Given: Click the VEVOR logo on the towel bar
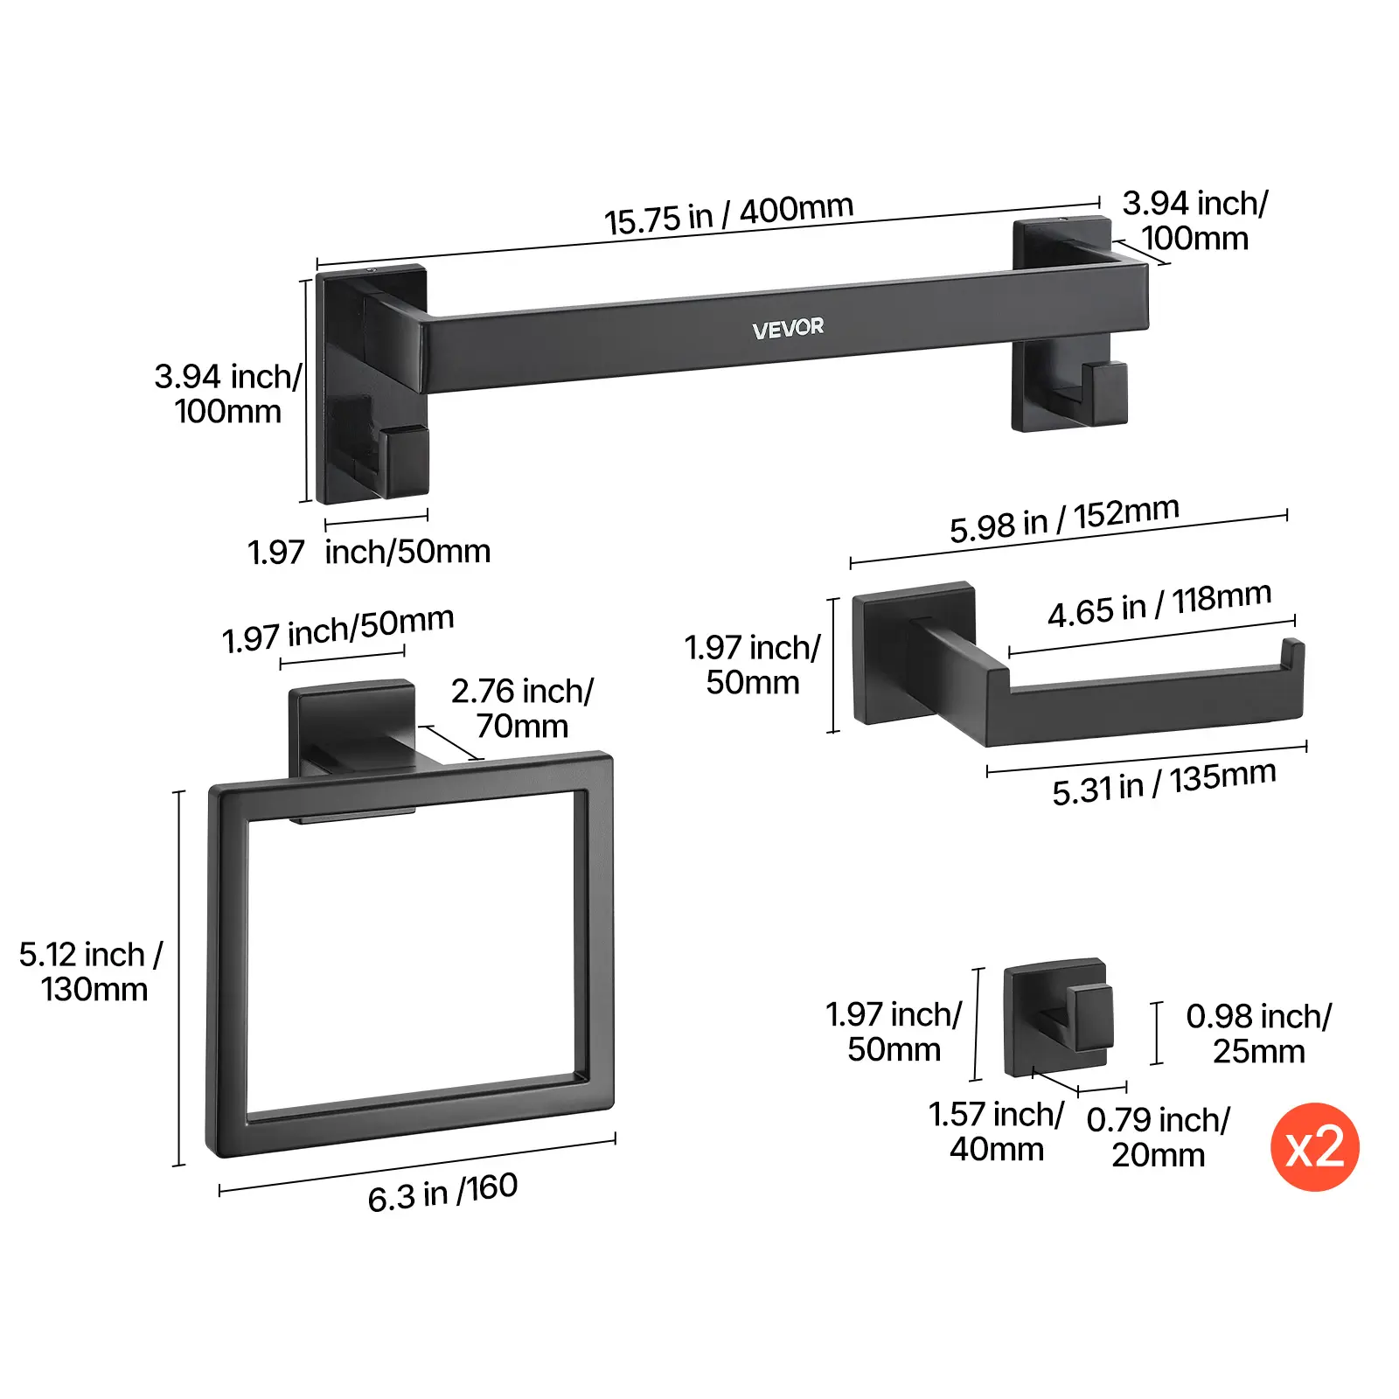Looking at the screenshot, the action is [788, 328].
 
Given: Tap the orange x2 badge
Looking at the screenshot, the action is [1314, 1146].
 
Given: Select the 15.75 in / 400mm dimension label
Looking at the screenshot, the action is [728, 214].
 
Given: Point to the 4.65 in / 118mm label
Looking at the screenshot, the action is [1159, 604].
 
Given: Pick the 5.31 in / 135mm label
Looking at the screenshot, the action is [1164, 783].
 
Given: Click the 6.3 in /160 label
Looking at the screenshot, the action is [442, 1193].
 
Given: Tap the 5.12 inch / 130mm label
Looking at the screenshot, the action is [92, 971].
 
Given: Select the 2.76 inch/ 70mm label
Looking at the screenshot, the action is [522, 708].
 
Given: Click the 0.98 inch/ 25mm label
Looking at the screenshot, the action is [1258, 1034].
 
